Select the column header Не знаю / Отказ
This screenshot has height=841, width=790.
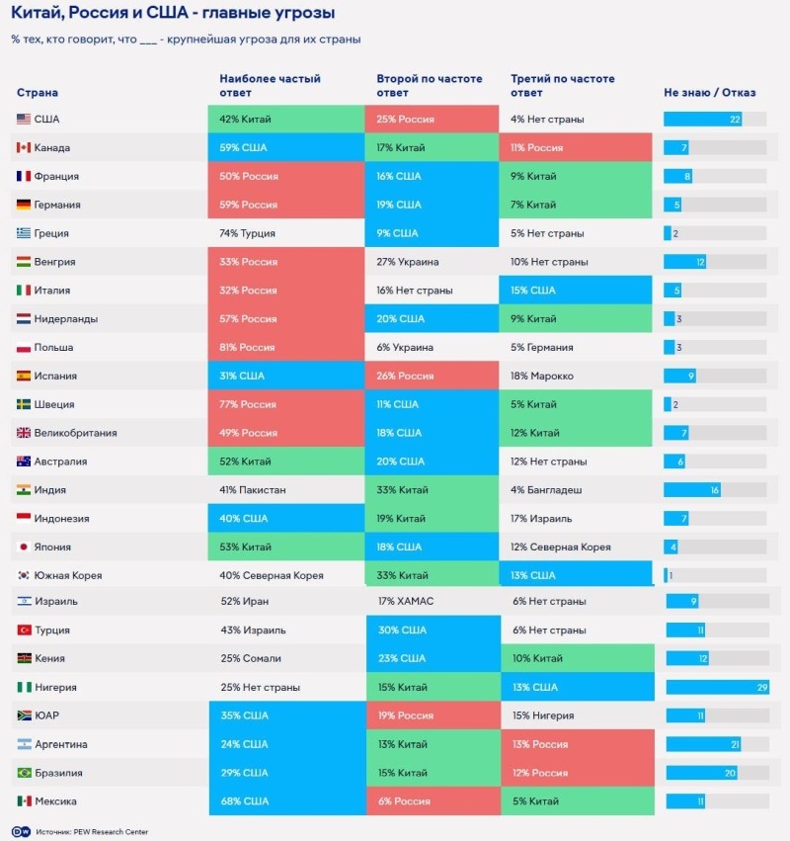coord(709,93)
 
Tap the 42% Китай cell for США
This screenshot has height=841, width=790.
coord(286,120)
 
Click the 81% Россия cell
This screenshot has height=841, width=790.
coord(286,348)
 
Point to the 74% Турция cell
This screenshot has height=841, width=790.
coord(286,234)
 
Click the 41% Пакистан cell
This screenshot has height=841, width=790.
coord(286,490)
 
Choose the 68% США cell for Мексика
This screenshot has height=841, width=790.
coord(286,801)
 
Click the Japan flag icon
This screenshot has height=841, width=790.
coord(24,547)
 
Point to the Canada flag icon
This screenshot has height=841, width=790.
coord(24,148)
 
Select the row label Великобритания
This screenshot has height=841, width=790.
coord(75,433)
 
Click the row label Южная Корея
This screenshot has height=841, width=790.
coord(68,576)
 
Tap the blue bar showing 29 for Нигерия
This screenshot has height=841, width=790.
coord(717,687)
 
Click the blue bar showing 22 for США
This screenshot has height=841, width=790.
coord(702,120)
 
